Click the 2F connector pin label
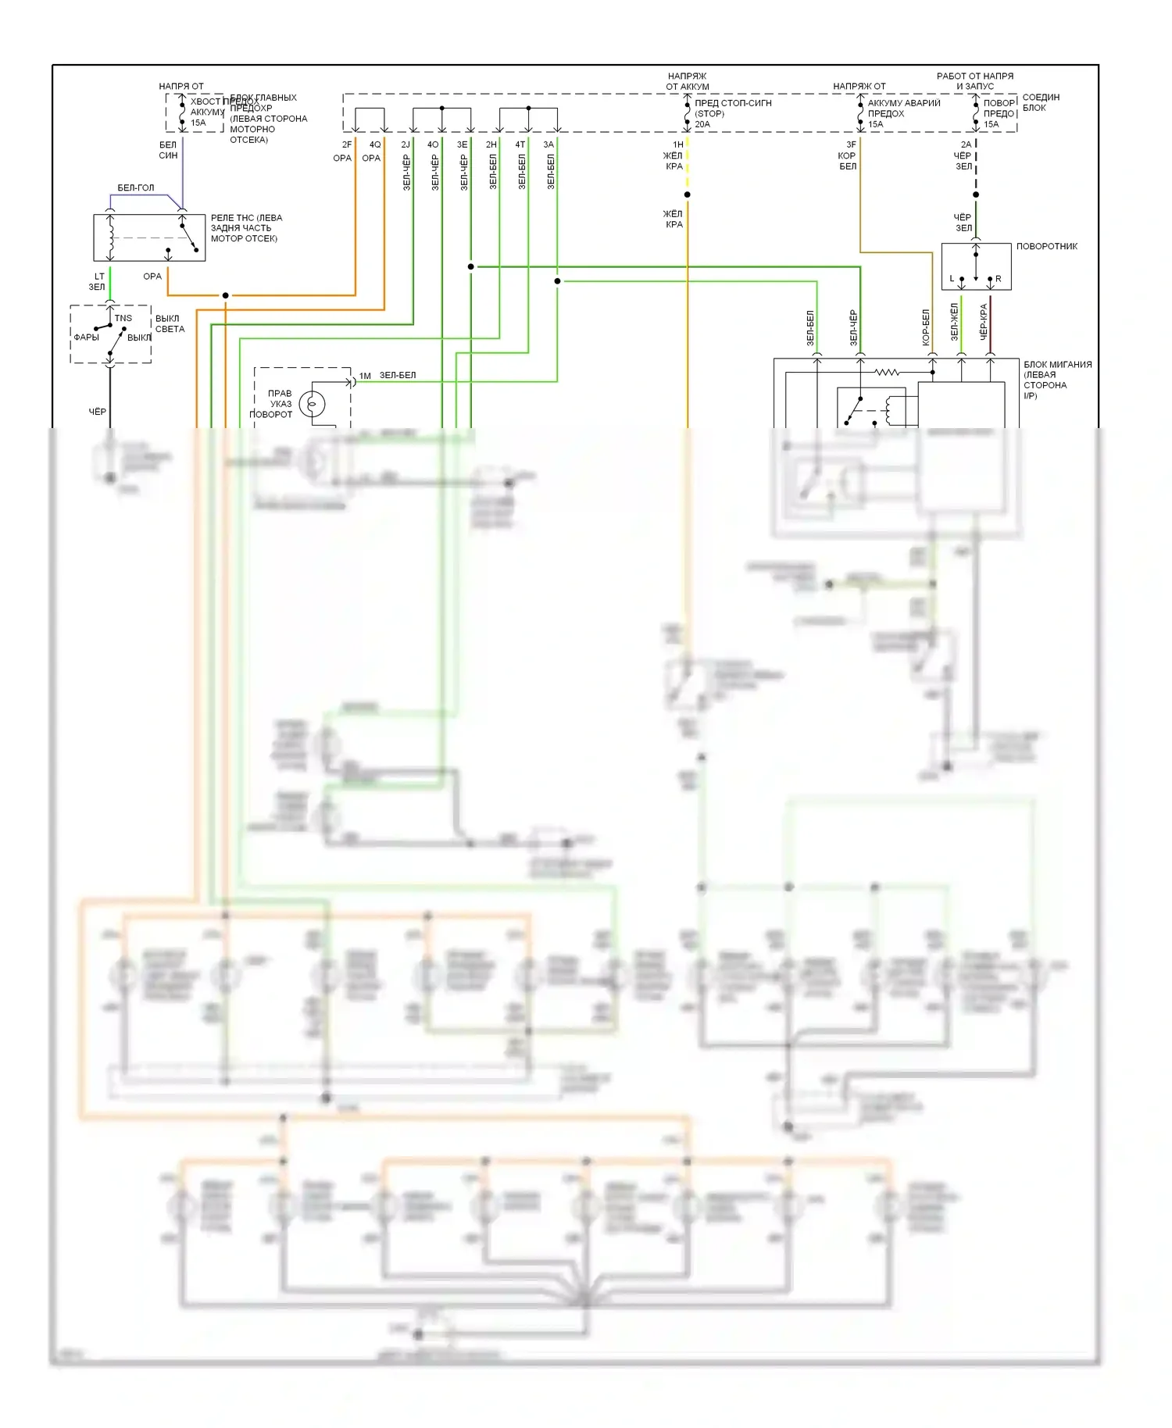pyautogui.click(x=347, y=145)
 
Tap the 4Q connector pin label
pyautogui.click(x=375, y=145)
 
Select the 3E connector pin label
pyautogui.click(x=462, y=145)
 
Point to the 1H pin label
pyautogui.click(x=678, y=145)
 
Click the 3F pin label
pyautogui.click(x=851, y=145)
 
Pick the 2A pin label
pyautogui.click(x=966, y=145)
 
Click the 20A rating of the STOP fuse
pyautogui.click(x=702, y=124)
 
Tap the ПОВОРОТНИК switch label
pyautogui.click(x=1046, y=246)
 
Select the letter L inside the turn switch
pyautogui.click(x=952, y=279)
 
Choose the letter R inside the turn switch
pyautogui.click(x=998, y=279)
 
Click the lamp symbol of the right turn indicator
pyautogui.click(x=312, y=404)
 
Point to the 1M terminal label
pyautogui.click(x=365, y=376)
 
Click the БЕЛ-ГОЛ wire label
pyautogui.click(x=136, y=188)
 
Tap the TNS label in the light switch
pyautogui.click(x=123, y=318)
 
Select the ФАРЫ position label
pyautogui.click(x=86, y=337)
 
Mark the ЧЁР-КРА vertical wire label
pyautogui.click(x=984, y=321)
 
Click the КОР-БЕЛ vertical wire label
pyautogui.click(x=926, y=327)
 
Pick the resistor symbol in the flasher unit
pyautogui.click(x=887, y=373)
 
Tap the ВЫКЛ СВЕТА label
pyautogui.click(x=170, y=323)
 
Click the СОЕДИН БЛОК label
pyautogui.click(x=1041, y=102)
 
